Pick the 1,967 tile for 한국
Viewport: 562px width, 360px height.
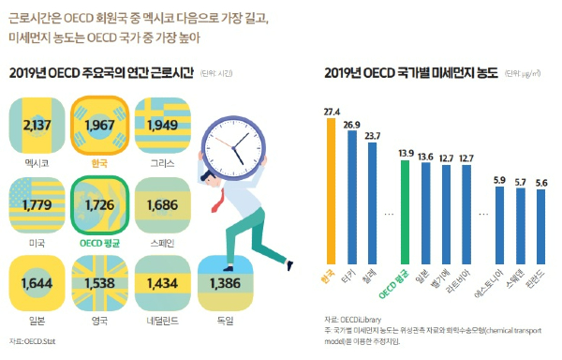[x=99, y=125]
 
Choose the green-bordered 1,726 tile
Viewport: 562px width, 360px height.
[x=99, y=202]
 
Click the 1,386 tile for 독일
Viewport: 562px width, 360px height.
[x=227, y=282]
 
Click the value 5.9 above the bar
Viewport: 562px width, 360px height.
[x=499, y=179]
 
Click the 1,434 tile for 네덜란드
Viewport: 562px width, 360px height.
[x=163, y=282]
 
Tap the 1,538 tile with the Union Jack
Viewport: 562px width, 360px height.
[x=99, y=282]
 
